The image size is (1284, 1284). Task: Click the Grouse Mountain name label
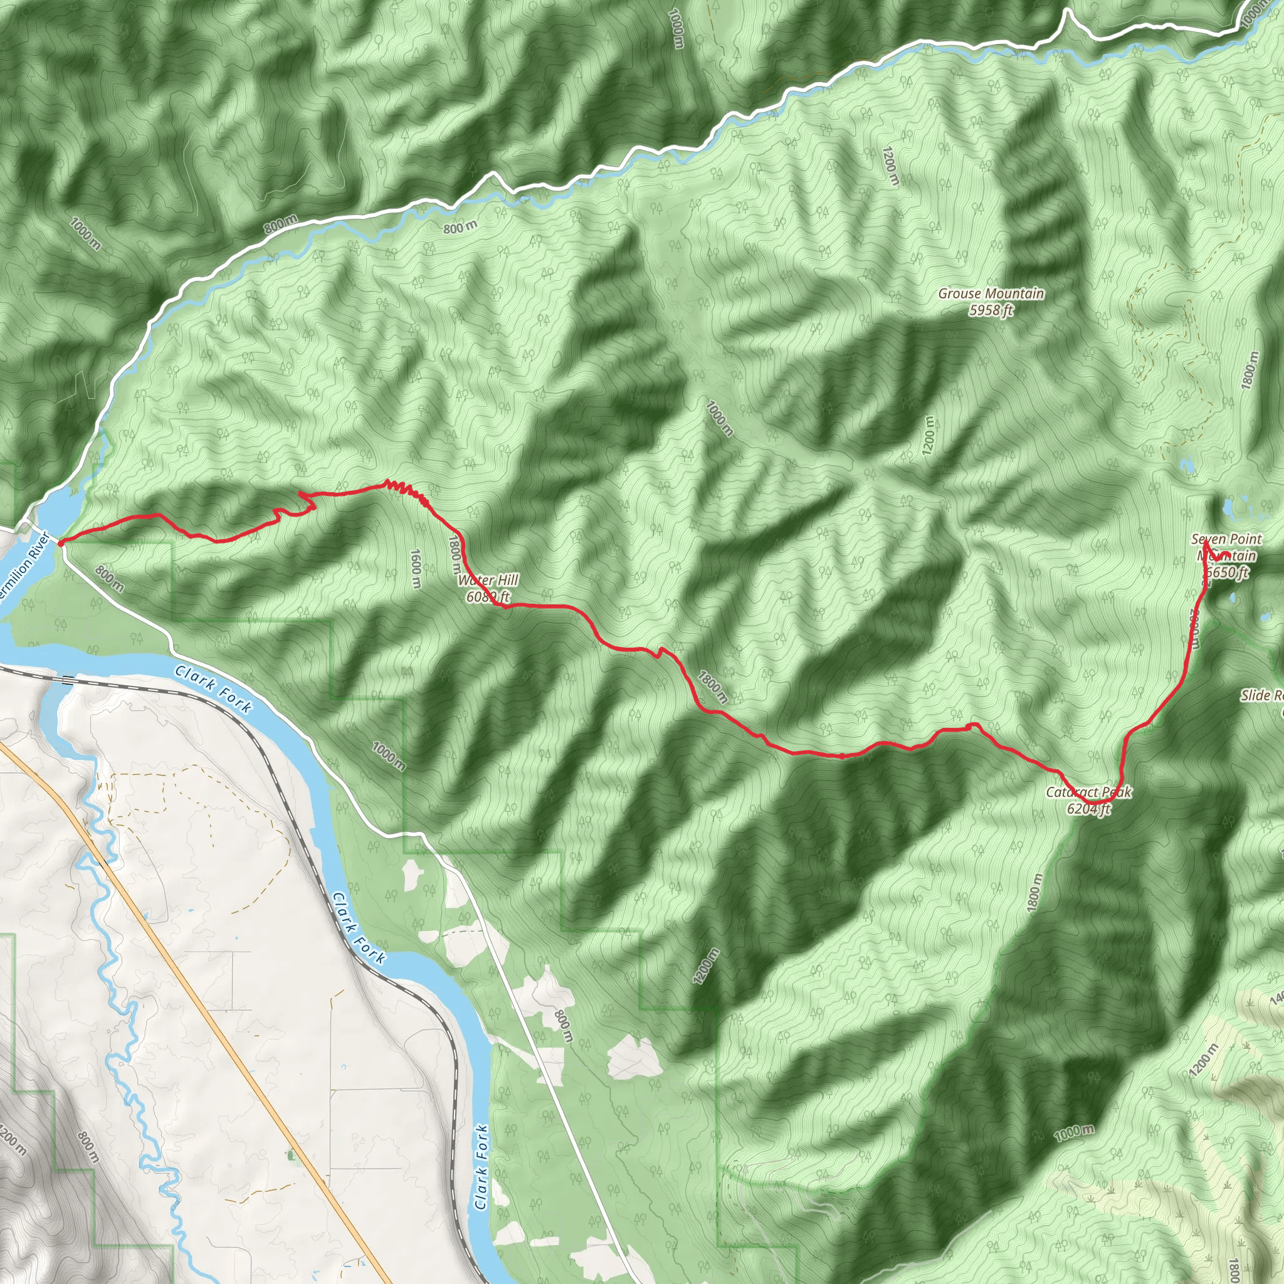tap(991, 293)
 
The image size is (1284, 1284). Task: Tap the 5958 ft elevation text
tap(991, 310)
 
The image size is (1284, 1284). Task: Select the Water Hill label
tap(488, 580)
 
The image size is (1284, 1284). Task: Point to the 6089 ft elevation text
tap(488, 596)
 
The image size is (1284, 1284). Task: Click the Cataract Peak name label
tap(1088, 792)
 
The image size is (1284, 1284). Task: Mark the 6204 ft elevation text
tap(1088, 808)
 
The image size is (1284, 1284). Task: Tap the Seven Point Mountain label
tap(1226, 547)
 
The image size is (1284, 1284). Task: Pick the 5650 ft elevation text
tap(1228, 572)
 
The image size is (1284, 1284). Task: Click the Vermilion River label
tap(25, 565)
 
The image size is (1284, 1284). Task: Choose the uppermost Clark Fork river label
tap(214, 689)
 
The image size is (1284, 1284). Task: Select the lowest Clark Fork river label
tap(481, 1167)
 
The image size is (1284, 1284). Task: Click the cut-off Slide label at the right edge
tap(1261, 695)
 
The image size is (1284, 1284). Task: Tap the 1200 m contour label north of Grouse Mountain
tap(890, 166)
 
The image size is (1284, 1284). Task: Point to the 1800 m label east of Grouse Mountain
tap(1250, 370)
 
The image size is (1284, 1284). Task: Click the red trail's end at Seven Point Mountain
tap(1206, 543)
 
